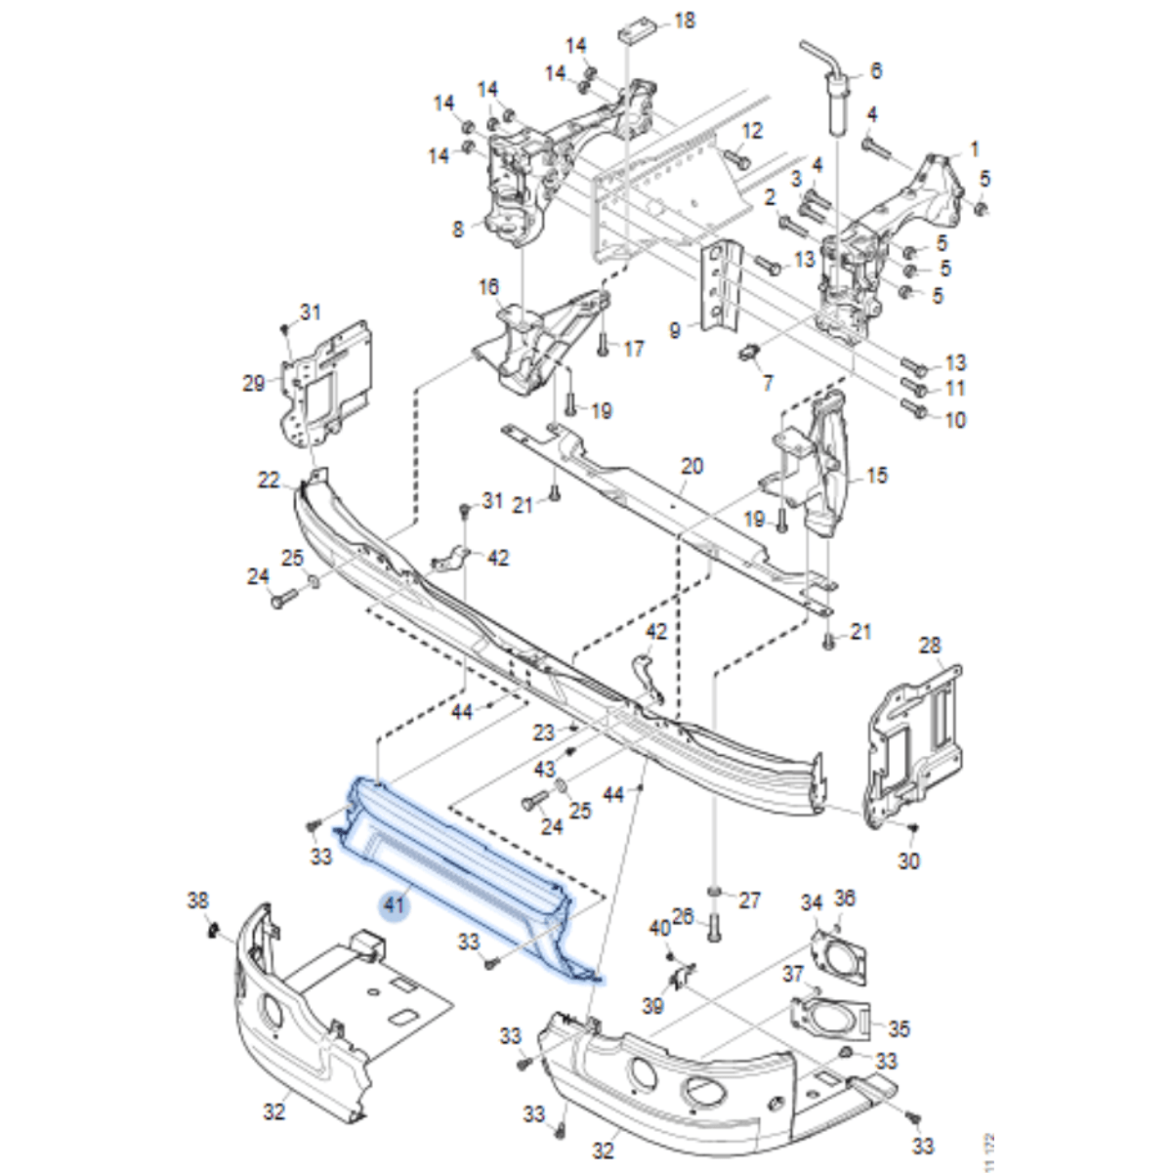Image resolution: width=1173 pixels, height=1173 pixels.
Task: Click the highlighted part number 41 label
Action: [x=394, y=905]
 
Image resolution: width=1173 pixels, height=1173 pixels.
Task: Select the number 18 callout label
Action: [x=685, y=20]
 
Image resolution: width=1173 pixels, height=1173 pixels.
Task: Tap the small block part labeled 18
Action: [x=635, y=30]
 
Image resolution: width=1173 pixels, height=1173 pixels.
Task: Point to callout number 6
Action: [x=875, y=71]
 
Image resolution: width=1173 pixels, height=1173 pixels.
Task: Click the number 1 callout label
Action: [x=973, y=149]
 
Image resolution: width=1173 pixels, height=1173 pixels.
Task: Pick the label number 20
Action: [x=691, y=466]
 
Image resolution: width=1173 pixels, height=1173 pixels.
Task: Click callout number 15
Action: [x=877, y=476]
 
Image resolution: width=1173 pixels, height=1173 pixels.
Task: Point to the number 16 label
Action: [x=488, y=287]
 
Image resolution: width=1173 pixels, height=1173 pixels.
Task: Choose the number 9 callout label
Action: [x=675, y=331]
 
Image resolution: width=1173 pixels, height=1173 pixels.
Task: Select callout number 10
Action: [x=954, y=421]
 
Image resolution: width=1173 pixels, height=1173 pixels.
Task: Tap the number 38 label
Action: [x=198, y=900]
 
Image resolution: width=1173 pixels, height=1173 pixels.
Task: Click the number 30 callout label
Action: [x=908, y=860]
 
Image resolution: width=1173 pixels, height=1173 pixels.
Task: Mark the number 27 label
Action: [x=749, y=900]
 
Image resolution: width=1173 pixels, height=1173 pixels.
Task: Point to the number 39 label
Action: [x=652, y=1005]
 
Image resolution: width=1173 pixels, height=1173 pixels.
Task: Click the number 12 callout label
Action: [x=752, y=132]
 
